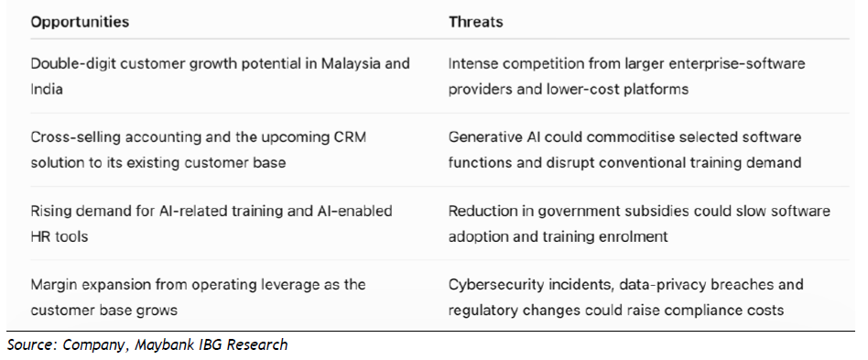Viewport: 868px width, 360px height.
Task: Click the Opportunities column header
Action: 80,22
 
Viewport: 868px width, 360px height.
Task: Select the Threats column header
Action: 475,22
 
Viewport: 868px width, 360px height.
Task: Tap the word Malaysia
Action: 346,64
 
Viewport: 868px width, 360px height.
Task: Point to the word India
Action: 47,89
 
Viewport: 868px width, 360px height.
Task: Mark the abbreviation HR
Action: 41,236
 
